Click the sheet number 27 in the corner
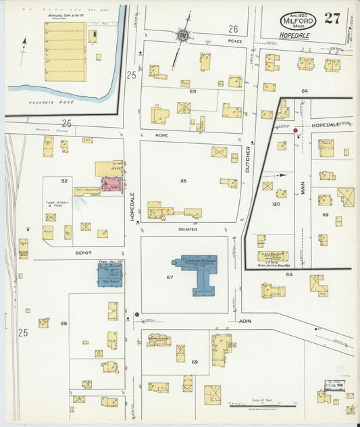click(332, 18)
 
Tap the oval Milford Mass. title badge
click(296, 20)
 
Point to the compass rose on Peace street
click(182, 34)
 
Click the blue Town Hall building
click(110, 274)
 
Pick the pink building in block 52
click(111, 183)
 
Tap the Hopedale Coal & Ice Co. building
click(65, 51)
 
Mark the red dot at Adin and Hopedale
click(136, 314)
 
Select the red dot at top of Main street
click(296, 130)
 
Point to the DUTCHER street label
click(248, 158)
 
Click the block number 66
click(182, 181)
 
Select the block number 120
click(276, 203)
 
